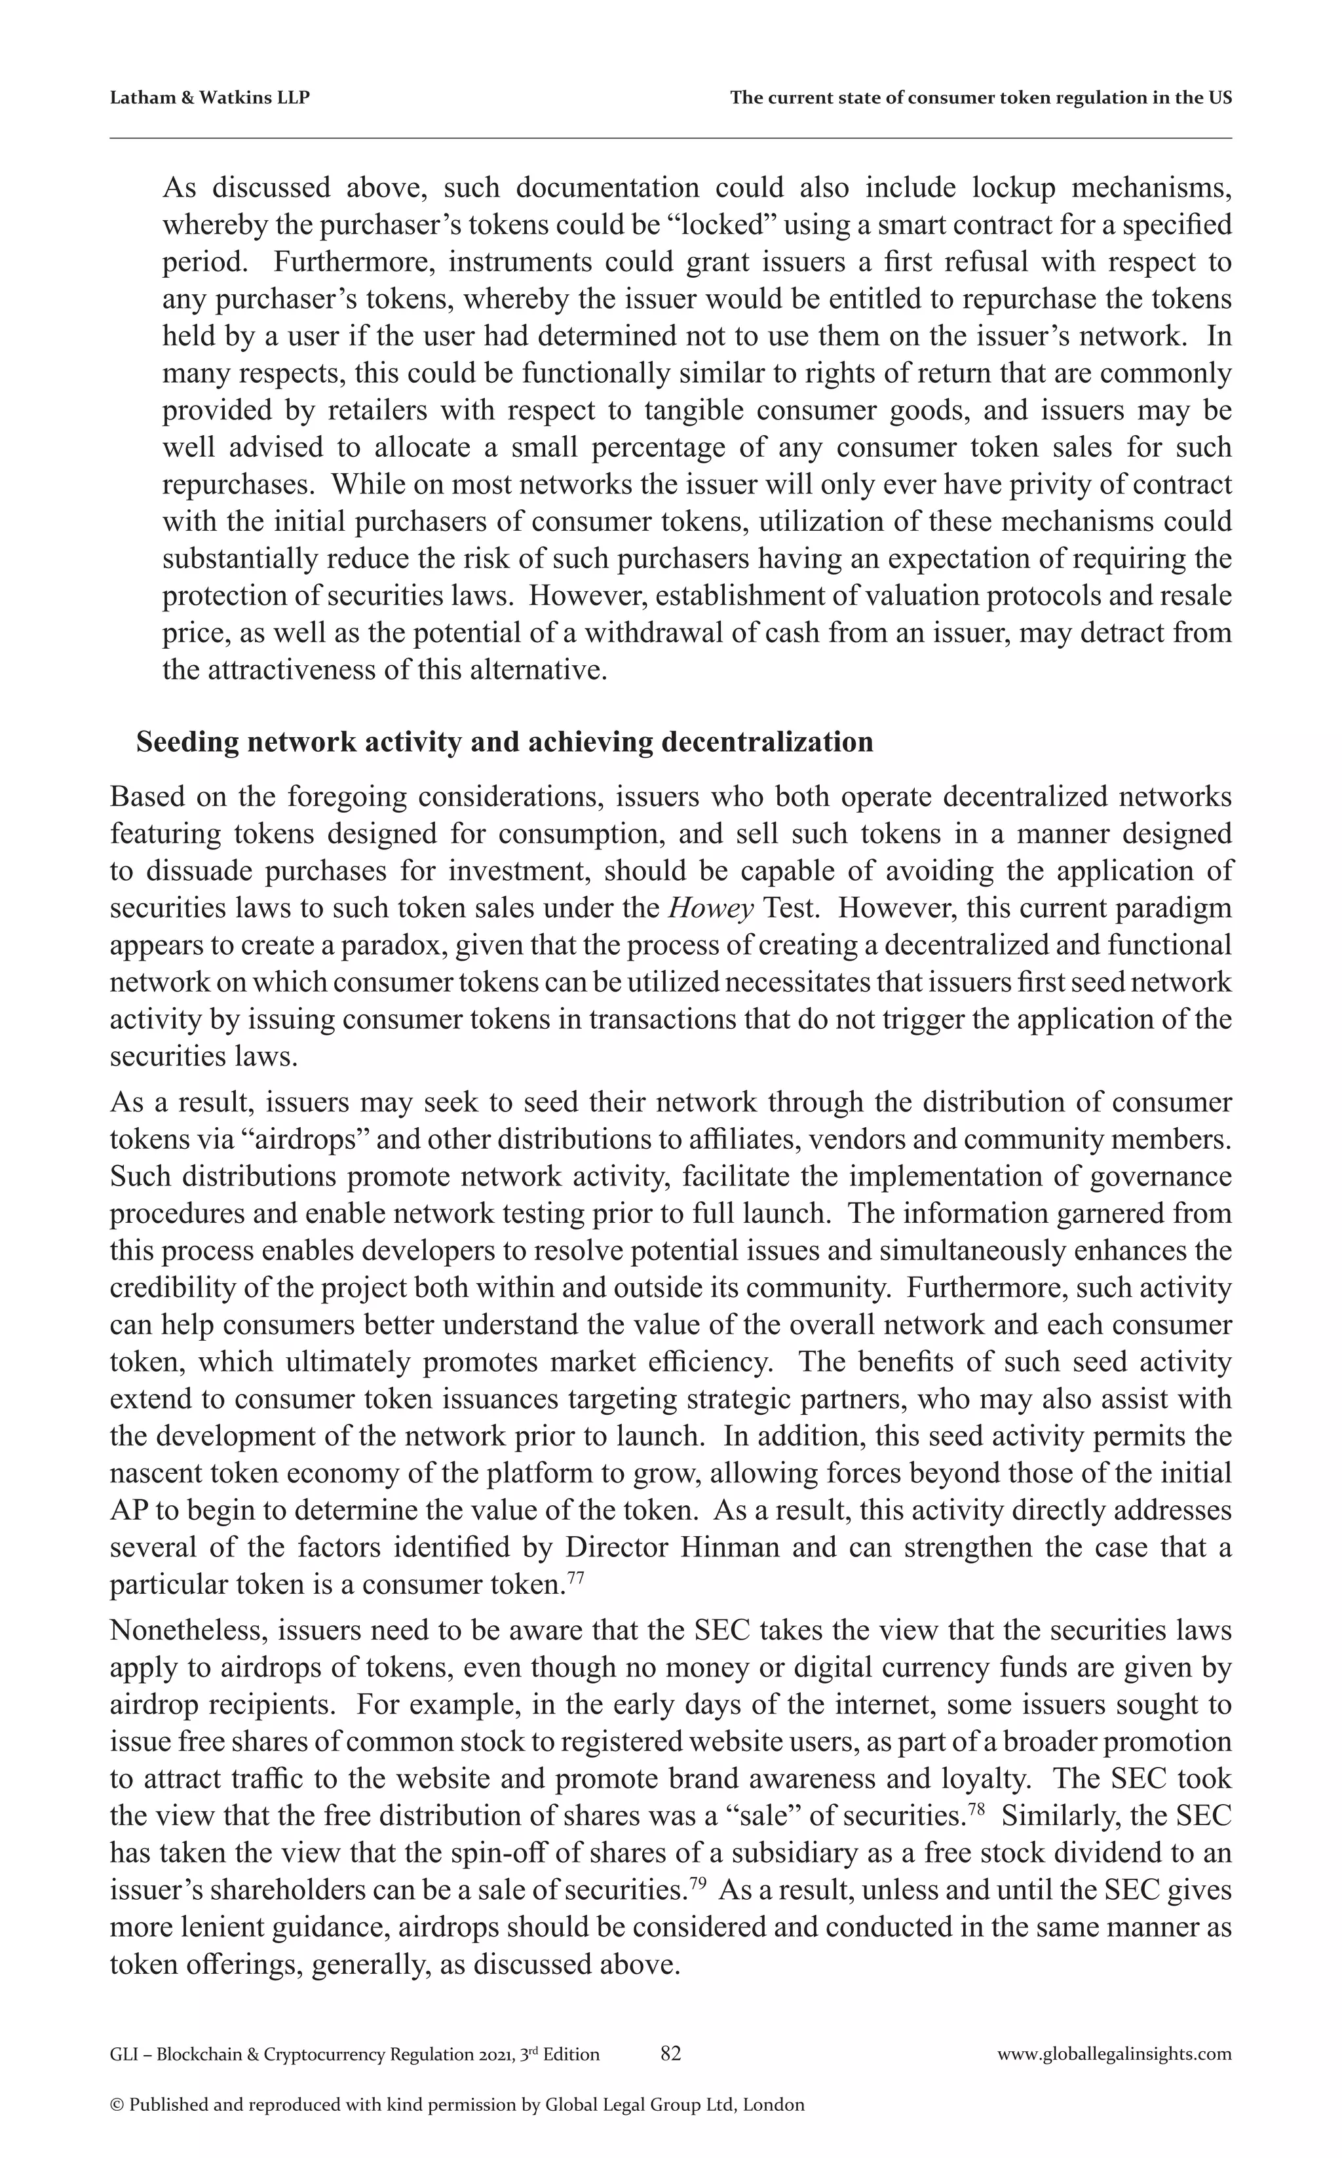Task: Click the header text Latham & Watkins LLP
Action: (x=210, y=98)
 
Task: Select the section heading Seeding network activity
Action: (x=504, y=742)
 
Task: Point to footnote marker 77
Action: (x=575, y=1577)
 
